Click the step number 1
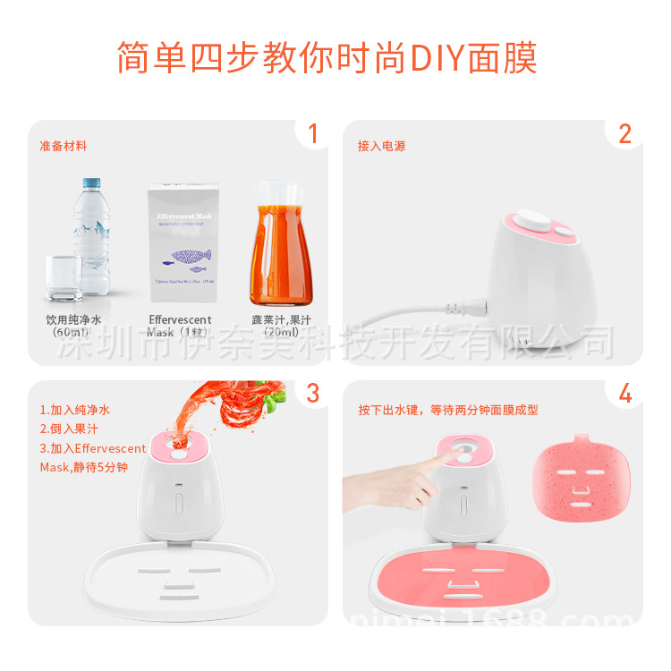pos(312,134)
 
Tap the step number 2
pos(624,134)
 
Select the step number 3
pos(312,393)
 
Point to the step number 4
pos(624,393)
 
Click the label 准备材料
pos(63,146)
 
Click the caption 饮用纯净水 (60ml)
pos(75,326)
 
